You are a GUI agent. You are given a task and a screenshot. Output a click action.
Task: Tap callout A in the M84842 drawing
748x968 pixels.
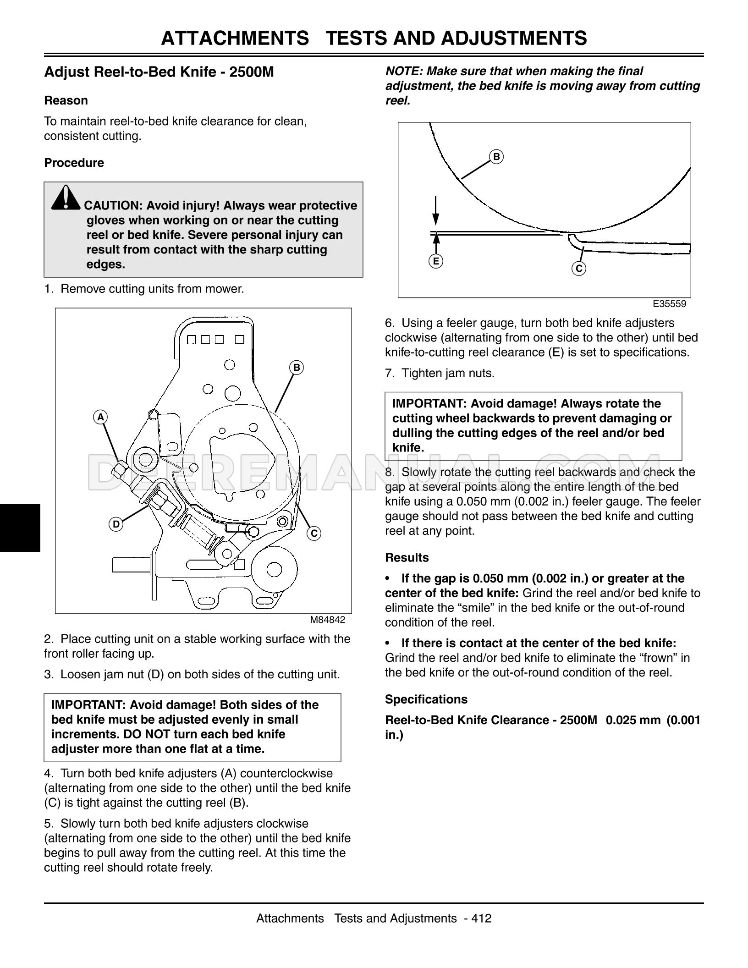[100, 417]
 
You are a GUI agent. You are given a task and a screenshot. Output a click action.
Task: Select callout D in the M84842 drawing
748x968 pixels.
[116, 524]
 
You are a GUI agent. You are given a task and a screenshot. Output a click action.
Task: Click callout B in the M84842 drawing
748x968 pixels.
[297, 368]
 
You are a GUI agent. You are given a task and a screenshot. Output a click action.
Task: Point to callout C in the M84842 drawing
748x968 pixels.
[314, 533]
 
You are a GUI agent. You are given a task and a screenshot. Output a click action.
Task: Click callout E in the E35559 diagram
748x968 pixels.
[436, 261]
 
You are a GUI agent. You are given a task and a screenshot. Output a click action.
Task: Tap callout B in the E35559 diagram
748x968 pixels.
[496, 157]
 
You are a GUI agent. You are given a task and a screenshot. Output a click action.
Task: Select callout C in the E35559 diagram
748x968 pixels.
[579, 269]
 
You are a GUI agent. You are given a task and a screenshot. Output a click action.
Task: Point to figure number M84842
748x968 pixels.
[327, 620]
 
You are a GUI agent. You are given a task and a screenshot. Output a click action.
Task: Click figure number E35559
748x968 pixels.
[669, 304]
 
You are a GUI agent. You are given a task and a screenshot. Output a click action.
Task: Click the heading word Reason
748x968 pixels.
[66, 100]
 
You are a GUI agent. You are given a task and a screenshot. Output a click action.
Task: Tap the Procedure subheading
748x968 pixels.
[74, 163]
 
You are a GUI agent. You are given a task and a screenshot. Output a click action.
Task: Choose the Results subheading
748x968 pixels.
[407, 557]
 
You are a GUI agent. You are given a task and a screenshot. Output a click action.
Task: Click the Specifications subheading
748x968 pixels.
[426, 699]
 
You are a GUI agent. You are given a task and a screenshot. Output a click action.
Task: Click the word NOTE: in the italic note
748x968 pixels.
[404, 71]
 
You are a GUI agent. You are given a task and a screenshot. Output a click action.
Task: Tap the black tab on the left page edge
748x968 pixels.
[20, 528]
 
